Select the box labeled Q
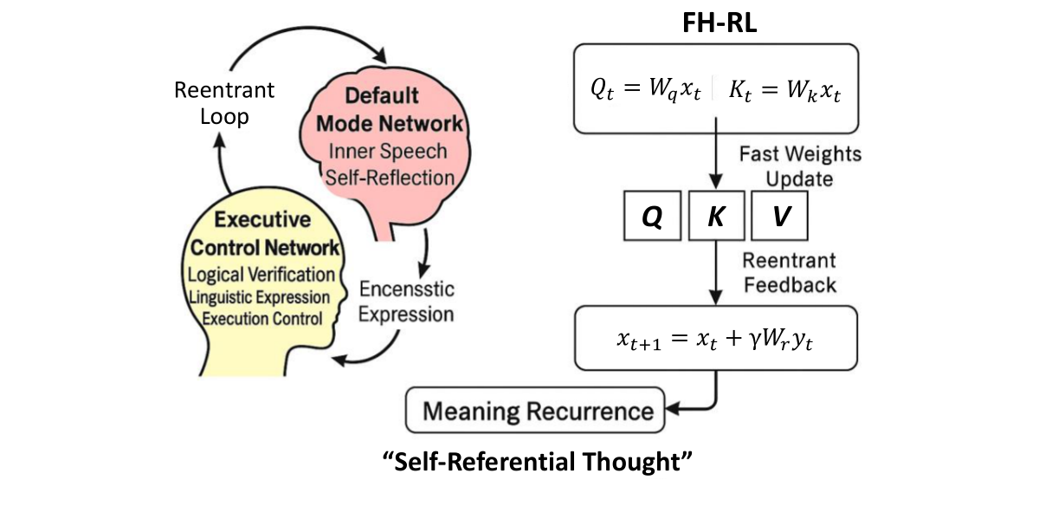tap(652, 217)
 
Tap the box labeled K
tap(715, 217)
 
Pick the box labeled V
tap(779, 217)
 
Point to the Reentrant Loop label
tap(224, 102)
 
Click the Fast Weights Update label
tap(800, 166)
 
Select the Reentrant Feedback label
tap(789, 272)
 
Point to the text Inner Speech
tap(387, 151)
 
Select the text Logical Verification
tap(261, 275)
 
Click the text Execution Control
tap(261, 318)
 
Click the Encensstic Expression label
tap(406, 300)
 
